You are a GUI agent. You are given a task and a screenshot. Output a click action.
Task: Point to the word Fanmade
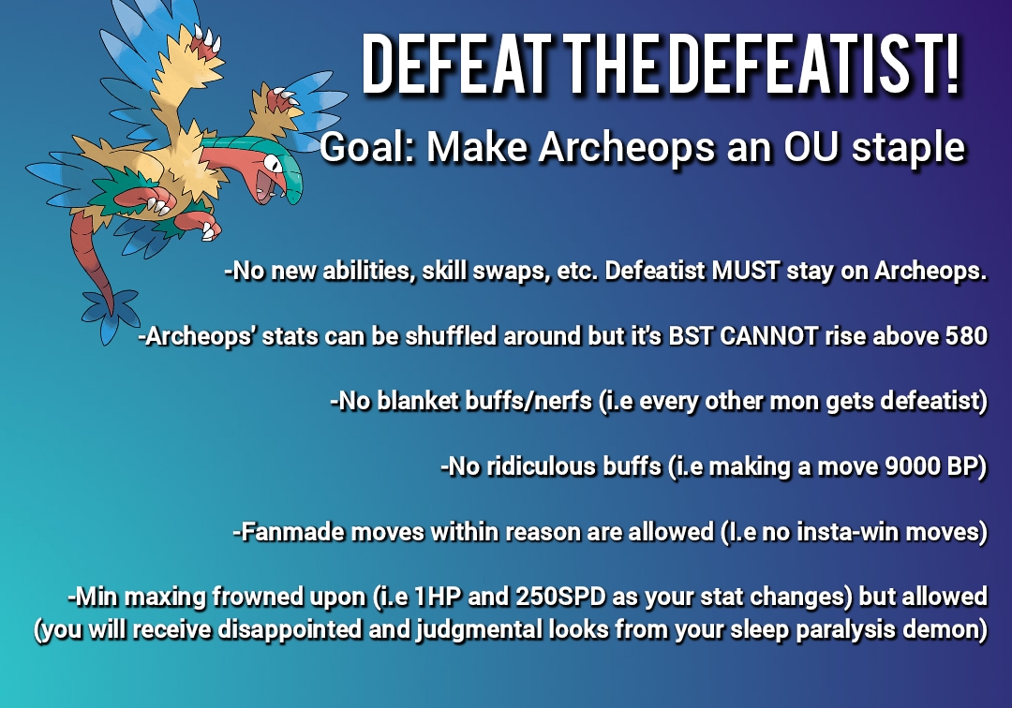click(285, 532)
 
